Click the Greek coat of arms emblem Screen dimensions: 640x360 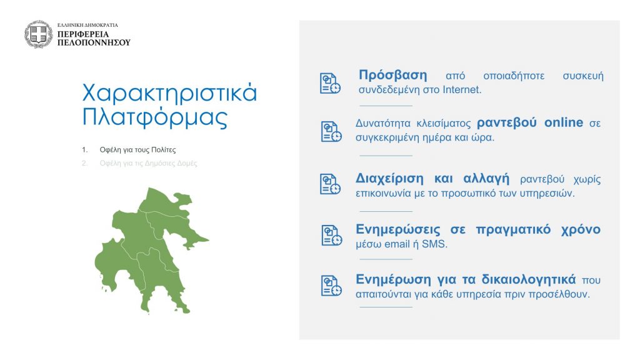click(38, 34)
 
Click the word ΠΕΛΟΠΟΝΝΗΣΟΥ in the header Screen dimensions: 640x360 click(94, 42)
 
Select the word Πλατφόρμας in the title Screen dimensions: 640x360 click(155, 117)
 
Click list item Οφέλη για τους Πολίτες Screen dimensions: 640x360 click(137, 150)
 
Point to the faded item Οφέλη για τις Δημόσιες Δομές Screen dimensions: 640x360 click(148, 163)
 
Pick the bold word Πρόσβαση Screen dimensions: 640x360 click(392, 75)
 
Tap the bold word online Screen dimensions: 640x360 click(564, 122)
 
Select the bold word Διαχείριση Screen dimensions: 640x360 click(389, 179)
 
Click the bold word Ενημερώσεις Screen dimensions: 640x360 click(398, 229)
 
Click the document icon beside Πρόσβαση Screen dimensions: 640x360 click(330, 83)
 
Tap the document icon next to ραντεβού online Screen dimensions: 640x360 click(331, 131)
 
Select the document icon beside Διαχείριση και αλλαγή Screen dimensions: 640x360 click(330, 184)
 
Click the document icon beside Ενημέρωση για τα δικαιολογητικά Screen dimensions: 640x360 click(331, 285)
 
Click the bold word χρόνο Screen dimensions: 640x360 click(581, 229)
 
